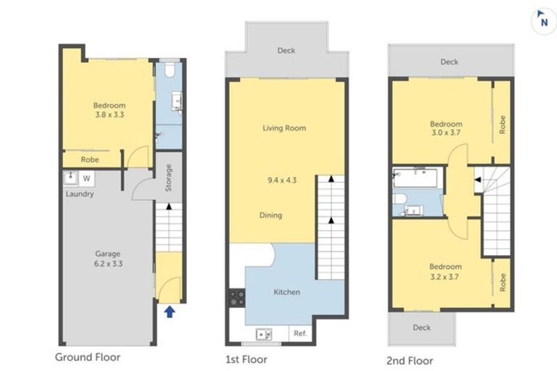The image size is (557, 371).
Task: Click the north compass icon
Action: [x=540, y=20]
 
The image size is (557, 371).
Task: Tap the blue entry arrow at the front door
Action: [x=169, y=312]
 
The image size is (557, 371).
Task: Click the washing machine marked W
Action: [x=87, y=178]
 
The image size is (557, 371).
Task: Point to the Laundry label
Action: [x=79, y=193]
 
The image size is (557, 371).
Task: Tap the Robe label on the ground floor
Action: [x=89, y=159]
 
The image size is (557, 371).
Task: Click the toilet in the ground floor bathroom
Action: [x=168, y=70]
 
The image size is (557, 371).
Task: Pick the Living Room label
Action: [x=284, y=128]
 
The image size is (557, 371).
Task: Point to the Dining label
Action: [x=271, y=215]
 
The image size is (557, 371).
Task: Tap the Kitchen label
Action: [x=286, y=292]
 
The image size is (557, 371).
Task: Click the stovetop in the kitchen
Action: [x=237, y=298]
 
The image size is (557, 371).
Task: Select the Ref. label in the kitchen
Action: [x=299, y=333]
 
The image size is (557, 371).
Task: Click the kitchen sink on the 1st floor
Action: [x=264, y=333]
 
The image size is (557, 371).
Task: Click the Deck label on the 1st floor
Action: [x=286, y=51]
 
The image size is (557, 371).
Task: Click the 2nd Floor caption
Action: [x=410, y=360]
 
